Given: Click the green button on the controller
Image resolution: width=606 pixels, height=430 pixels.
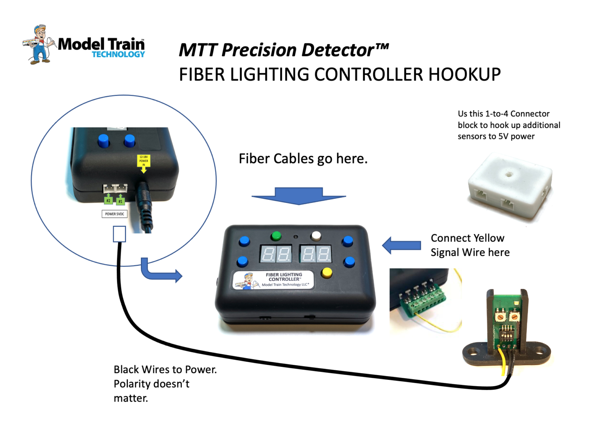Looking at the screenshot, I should click(276, 236).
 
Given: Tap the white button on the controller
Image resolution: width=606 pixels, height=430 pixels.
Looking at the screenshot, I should click(316, 236).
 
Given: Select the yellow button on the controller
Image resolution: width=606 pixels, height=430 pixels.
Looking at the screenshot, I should click(327, 272).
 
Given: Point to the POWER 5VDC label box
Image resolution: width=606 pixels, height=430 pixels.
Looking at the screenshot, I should click(114, 214).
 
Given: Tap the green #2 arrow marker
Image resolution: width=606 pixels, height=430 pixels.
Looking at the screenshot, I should click(108, 199).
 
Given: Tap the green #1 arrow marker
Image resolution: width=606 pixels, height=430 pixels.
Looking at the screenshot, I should click(121, 200).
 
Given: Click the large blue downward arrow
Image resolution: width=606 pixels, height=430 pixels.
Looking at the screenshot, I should click(299, 196).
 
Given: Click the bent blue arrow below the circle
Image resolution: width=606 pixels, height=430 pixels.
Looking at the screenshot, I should click(158, 272).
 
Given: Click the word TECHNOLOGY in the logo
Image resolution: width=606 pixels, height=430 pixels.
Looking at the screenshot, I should click(118, 54).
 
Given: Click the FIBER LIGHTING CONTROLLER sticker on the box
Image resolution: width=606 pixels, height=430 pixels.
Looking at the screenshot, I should click(274, 280).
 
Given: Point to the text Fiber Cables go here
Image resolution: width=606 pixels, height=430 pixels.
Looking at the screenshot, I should click(303, 159).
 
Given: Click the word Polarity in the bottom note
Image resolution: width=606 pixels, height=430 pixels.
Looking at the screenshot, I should click(132, 384).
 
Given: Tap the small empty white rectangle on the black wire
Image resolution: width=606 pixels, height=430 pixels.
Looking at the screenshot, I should click(120, 234).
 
